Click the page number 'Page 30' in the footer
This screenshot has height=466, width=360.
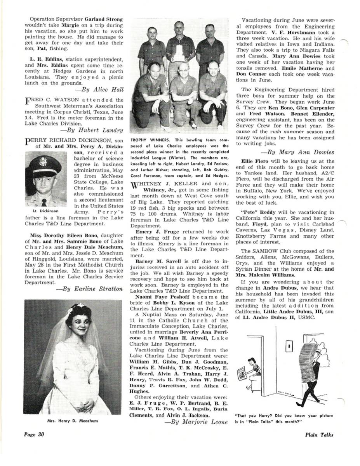tap(33, 435)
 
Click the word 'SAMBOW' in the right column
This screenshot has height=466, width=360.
tap(264, 251)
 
